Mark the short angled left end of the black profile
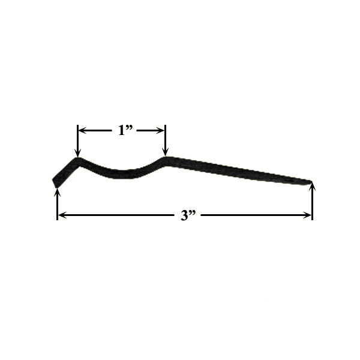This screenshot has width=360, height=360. tap(62, 174)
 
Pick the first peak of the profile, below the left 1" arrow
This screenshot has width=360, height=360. tap(78, 161)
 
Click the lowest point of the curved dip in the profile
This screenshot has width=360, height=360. tap(123, 173)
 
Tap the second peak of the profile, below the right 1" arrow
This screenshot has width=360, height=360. tap(166, 160)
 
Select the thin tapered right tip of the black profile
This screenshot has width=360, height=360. tap(306, 181)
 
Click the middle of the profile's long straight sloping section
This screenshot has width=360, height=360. tap(237, 170)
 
